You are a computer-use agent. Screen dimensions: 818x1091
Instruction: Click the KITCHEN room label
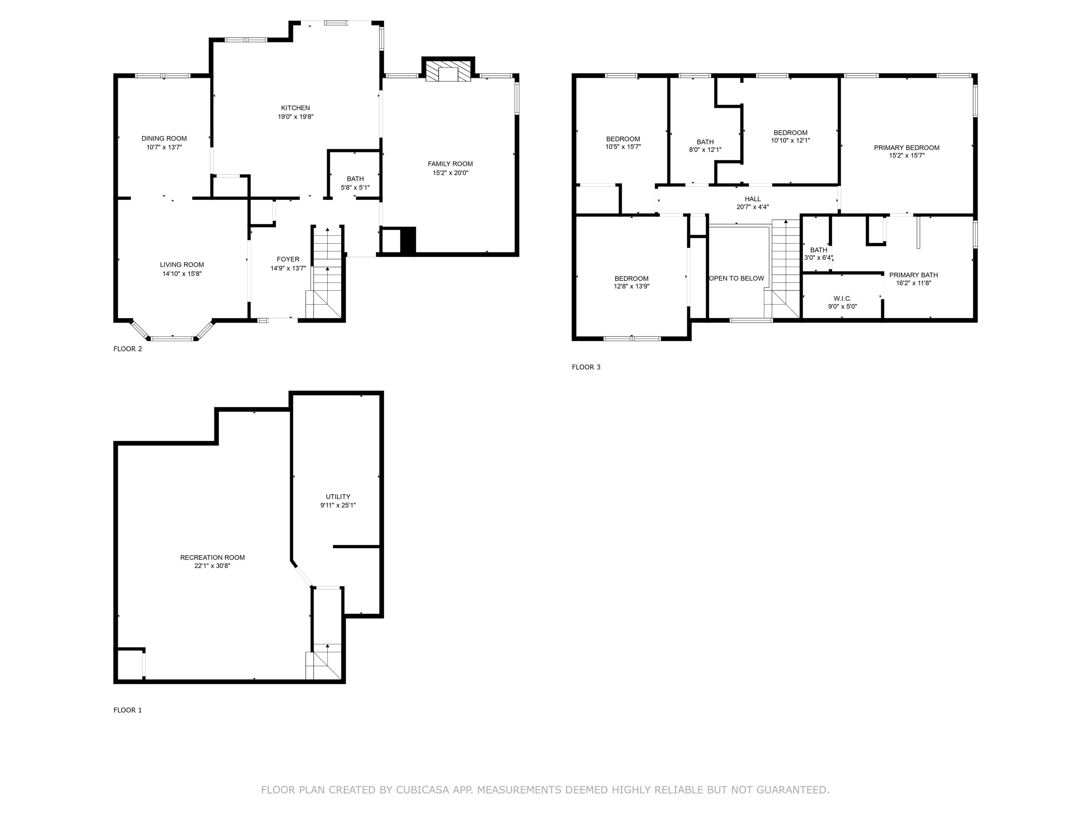coord(295,108)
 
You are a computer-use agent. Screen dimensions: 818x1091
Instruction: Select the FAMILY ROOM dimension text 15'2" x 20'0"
coord(450,173)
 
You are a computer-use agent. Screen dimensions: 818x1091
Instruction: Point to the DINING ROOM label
coord(164,138)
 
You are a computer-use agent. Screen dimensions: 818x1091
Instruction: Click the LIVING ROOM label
coord(181,265)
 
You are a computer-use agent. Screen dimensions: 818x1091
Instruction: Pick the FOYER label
coord(288,260)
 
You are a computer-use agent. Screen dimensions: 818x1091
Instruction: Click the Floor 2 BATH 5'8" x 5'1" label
coord(355,179)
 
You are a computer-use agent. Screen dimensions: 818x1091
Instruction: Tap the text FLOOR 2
coord(128,349)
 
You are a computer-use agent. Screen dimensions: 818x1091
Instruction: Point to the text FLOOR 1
coord(128,710)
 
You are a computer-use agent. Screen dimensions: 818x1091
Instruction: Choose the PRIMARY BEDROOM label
coord(907,147)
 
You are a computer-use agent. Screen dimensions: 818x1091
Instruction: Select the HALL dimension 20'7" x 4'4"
coord(753,207)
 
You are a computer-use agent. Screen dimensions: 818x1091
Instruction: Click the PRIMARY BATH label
coord(913,275)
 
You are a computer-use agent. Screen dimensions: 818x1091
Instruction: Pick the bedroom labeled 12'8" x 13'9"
coord(631,282)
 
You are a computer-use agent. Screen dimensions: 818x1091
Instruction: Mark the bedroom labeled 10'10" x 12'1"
coord(790,136)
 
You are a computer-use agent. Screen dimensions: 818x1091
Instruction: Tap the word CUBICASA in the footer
coord(423,790)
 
